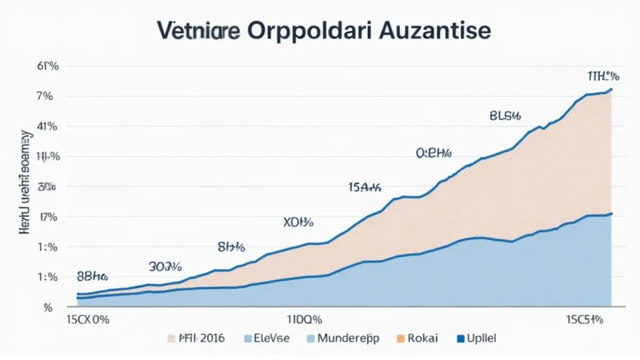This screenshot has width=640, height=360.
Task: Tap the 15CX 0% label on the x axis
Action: pyautogui.click(x=88, y=319)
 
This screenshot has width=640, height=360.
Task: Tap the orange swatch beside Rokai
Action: pyautogui.click(x=400, y=340)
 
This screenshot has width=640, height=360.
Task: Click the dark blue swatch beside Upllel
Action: pyautogui.click(x=461, y=340)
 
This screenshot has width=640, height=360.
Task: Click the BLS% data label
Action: pyautogui.click(x=505, y=116)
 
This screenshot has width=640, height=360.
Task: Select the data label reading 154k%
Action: pyautogui.click(x=364, y=187)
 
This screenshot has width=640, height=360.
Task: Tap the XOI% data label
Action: pyautogui.click(x=298, y=222)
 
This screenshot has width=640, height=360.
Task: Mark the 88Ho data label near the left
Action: pyautogui.click(x=94, y=274)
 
